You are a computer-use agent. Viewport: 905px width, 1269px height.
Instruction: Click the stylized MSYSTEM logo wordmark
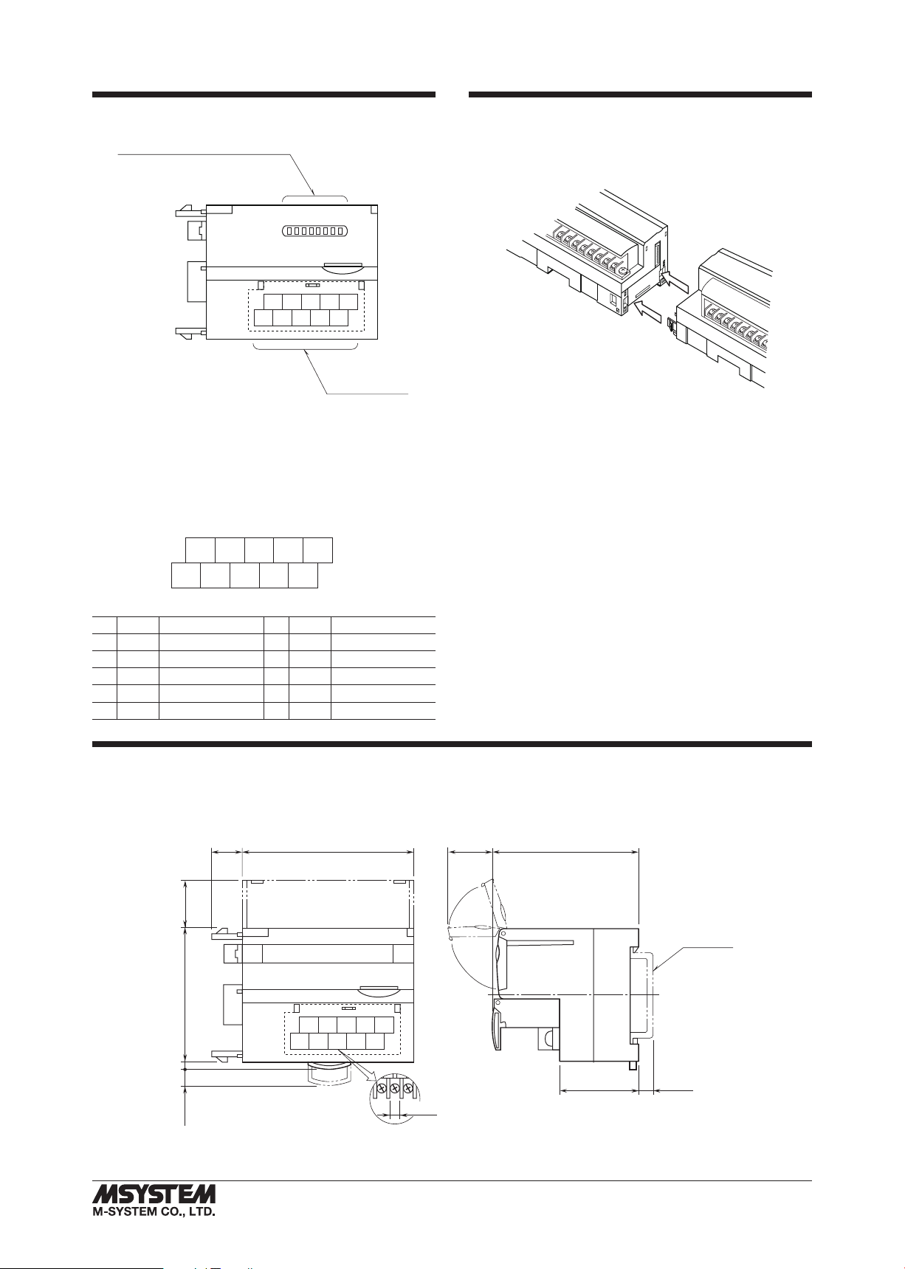pyautogui.click(x=154, y=1194)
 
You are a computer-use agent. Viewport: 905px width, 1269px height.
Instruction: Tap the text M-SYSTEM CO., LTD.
pyautogui.click(x=154, y=1211)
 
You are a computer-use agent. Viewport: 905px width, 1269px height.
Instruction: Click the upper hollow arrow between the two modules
pyautogui.click(x=675, y=281)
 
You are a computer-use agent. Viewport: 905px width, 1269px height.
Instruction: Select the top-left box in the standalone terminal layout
pyautogui.click(x=200, y=551)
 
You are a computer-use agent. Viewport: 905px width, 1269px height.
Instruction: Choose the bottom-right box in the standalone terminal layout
pyautogui.click(x=303, y=576)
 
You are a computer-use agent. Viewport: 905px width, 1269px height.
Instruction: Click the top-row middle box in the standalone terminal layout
pyautogui.click(x=259, y=551)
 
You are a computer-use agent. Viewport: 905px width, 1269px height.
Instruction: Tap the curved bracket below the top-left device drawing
pyautogui.click(x=305, y=347)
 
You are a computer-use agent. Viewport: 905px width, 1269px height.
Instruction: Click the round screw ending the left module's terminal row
pyautogui.click(x=623, y=271)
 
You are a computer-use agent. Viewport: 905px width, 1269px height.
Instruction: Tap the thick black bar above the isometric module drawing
pyautogui.click(x=640, y=94)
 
